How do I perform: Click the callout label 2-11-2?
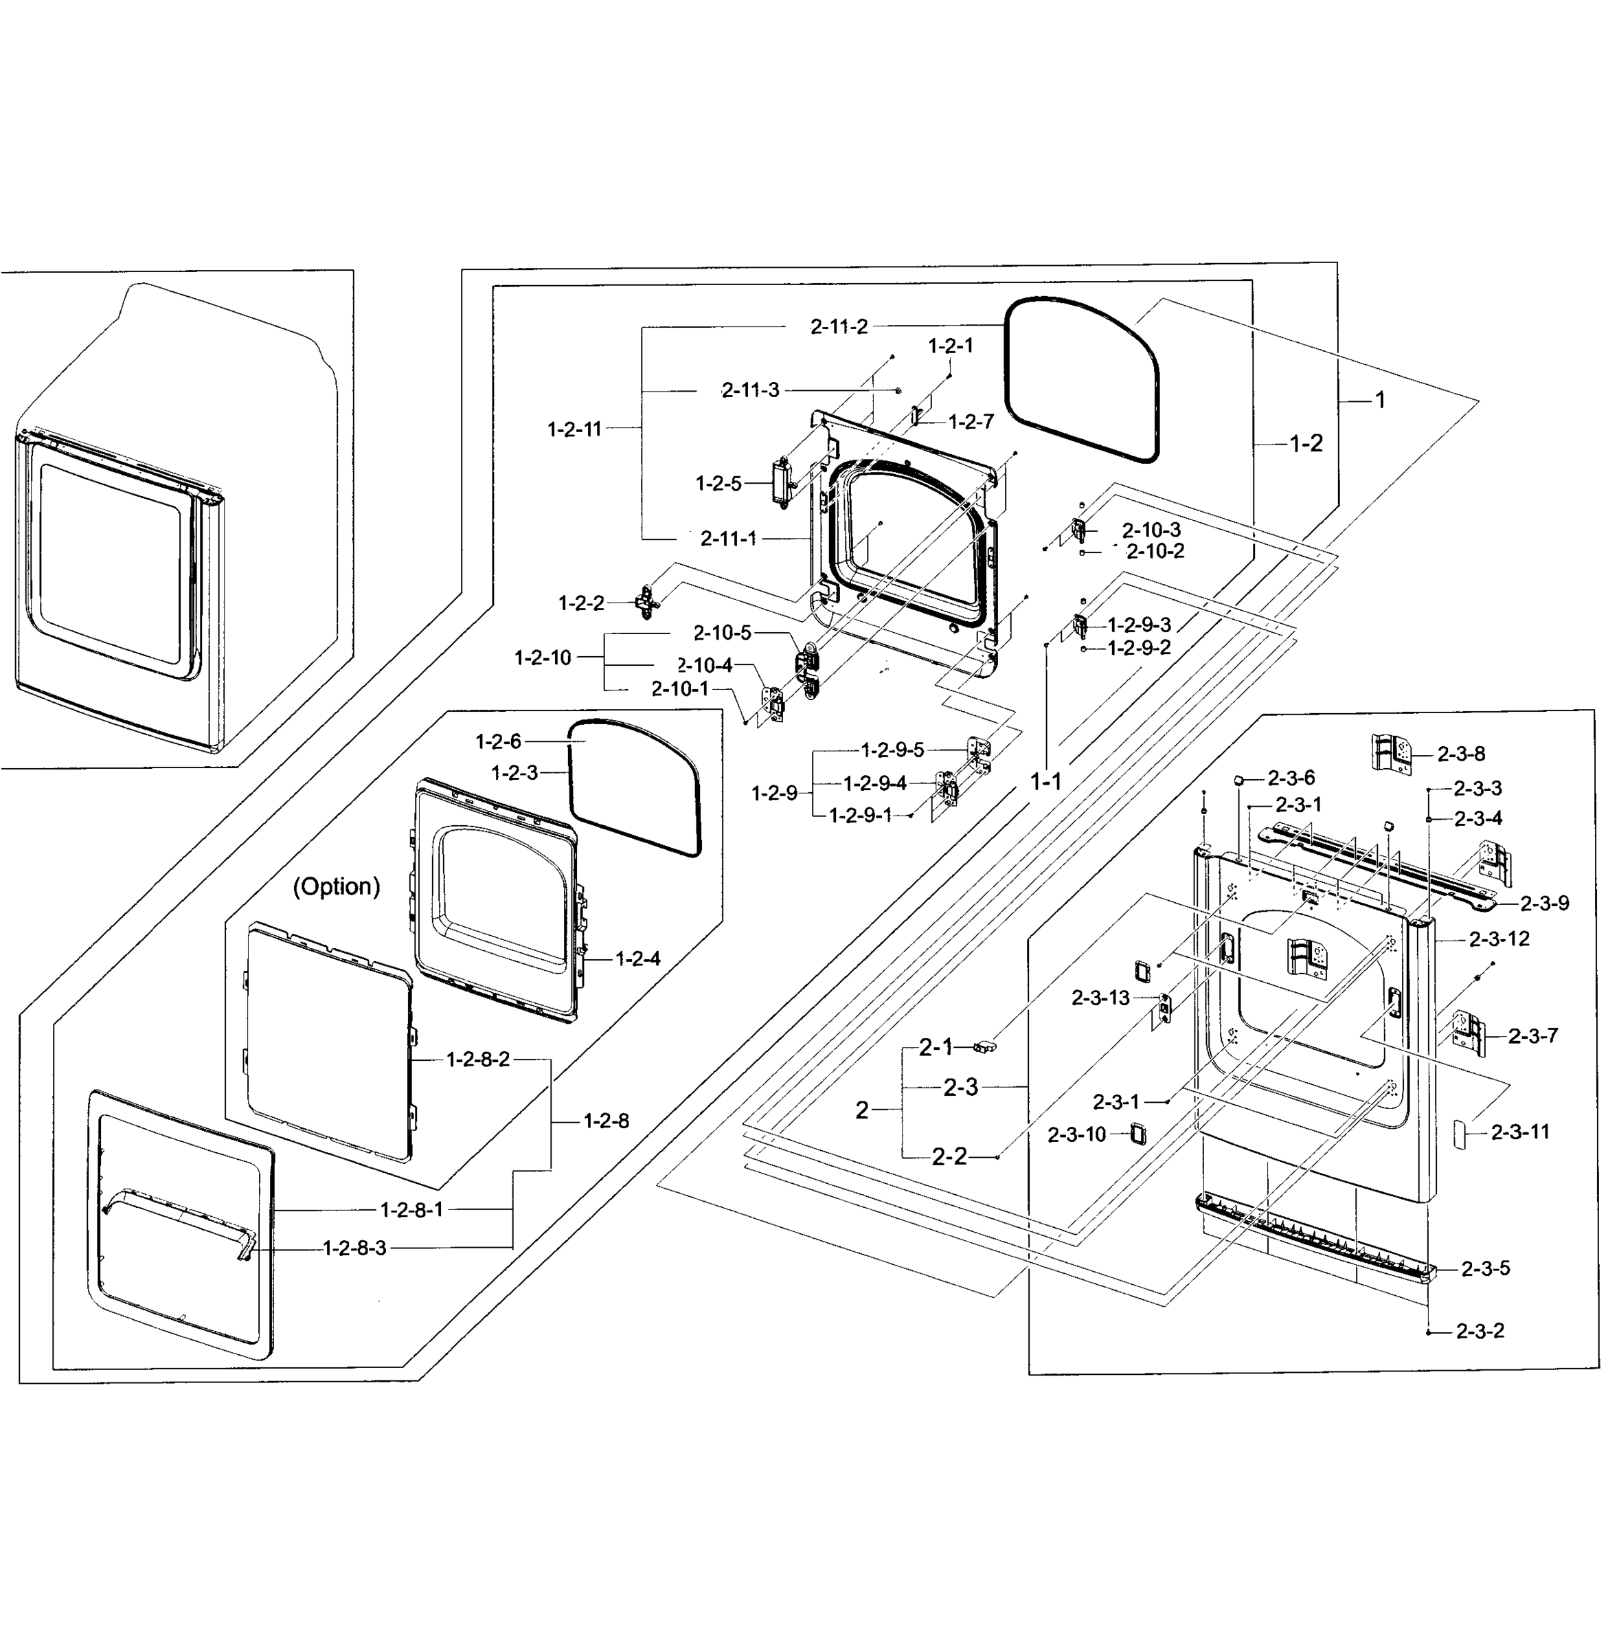tap(839, 327)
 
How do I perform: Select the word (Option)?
tap(336, 886)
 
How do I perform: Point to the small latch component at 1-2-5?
tap(780, 482)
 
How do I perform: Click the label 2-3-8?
tap(1461, 754)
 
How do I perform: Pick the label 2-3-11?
tap(1520, 1132)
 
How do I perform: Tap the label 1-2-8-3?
tap(354, 1248)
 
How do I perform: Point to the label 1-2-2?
tap(581, 603)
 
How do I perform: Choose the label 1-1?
tap(1045, 783)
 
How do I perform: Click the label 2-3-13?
tap(1100, 998)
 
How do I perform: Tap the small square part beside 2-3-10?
tap(1137, 1133)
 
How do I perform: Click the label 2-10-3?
tap(1151, 530)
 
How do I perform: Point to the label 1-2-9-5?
tap(893, 750)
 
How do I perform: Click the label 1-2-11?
tap(574, 429)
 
